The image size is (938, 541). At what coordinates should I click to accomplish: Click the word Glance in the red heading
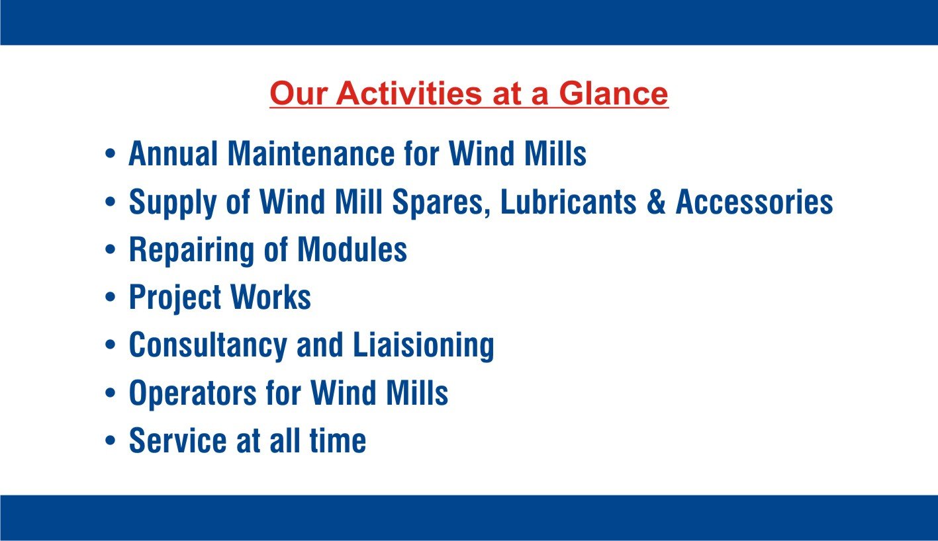[614, 93]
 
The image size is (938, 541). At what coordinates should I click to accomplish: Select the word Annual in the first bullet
[173, 153]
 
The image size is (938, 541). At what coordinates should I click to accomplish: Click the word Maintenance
[312, 153]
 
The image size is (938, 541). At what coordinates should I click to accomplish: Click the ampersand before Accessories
[656, 202]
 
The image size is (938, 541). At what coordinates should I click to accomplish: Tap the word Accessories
[754, 202]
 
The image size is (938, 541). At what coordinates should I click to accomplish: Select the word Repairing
[191, 250]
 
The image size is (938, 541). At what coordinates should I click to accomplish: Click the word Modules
[352, 249]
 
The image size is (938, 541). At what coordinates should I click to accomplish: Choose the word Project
[175, 298]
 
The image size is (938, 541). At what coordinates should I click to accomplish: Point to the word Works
[271, 297]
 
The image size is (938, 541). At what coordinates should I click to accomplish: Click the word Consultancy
[208, 346]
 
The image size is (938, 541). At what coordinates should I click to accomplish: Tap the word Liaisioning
[424, 346]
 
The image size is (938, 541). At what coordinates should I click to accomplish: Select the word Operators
[193, 394]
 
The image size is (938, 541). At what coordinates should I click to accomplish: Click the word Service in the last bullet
[178, 440]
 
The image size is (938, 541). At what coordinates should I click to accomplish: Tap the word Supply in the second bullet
[172, 202]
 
